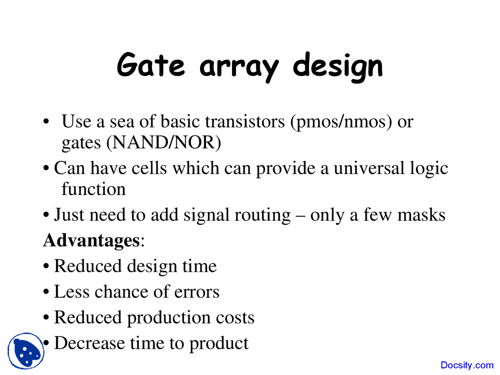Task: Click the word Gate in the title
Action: (150, 65)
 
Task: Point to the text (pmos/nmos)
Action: (341, 122)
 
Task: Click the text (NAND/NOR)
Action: (164, 143)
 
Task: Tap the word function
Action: (94, 189)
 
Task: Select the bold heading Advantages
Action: (91, 240)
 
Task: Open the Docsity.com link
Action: (467, 365)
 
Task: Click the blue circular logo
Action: (26, 351)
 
